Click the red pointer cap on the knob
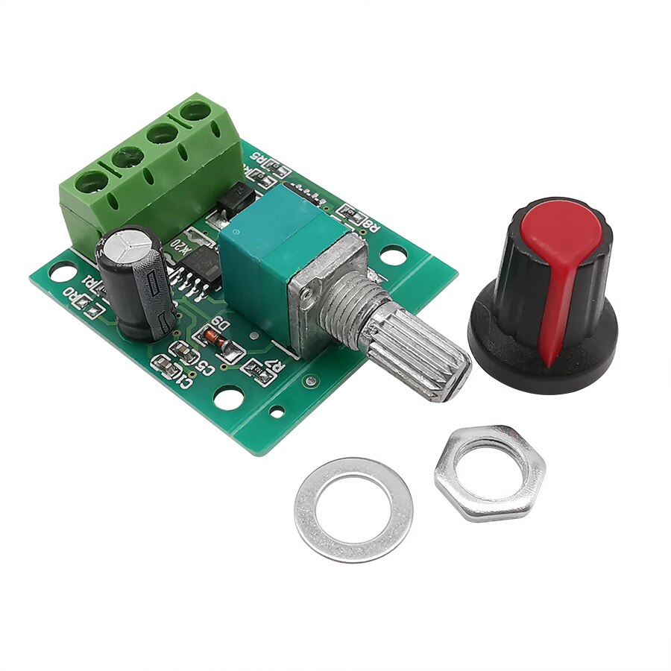pos(561,253)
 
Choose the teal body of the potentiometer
pos(268,253)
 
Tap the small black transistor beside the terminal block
pos(235,198)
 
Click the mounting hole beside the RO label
pos(62,271)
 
